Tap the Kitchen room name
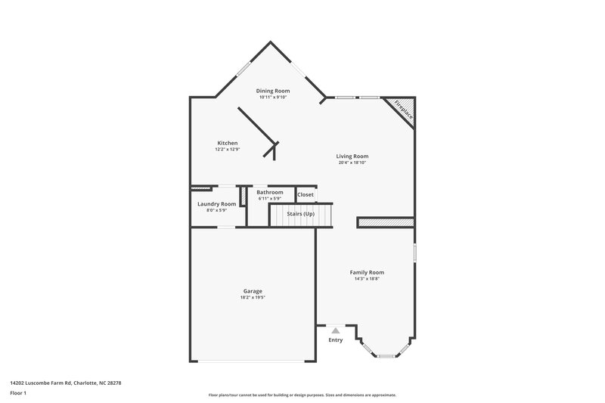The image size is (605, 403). click(228, 143)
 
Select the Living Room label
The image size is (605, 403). click(352, 157)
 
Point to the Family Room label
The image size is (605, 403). click(367, 272)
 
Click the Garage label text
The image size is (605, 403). click(253, 291)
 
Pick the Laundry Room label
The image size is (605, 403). click(216, 204)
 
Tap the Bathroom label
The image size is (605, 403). click(270, 192)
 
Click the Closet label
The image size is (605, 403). click(306, 195)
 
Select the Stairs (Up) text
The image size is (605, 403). click(299, 214)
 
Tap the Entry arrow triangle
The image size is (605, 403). click(335, 330)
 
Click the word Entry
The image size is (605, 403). click(335, 340)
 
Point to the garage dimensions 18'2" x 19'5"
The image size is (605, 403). click(253, 298)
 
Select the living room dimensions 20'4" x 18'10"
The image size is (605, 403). click(352, 163)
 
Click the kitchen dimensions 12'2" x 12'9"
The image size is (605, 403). click(228, 149)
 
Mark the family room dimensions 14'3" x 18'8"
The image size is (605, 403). click(367, 279)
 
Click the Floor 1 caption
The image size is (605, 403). click(18, 394)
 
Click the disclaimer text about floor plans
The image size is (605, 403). click(302, 395)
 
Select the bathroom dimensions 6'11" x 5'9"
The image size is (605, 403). click(270, 199)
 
